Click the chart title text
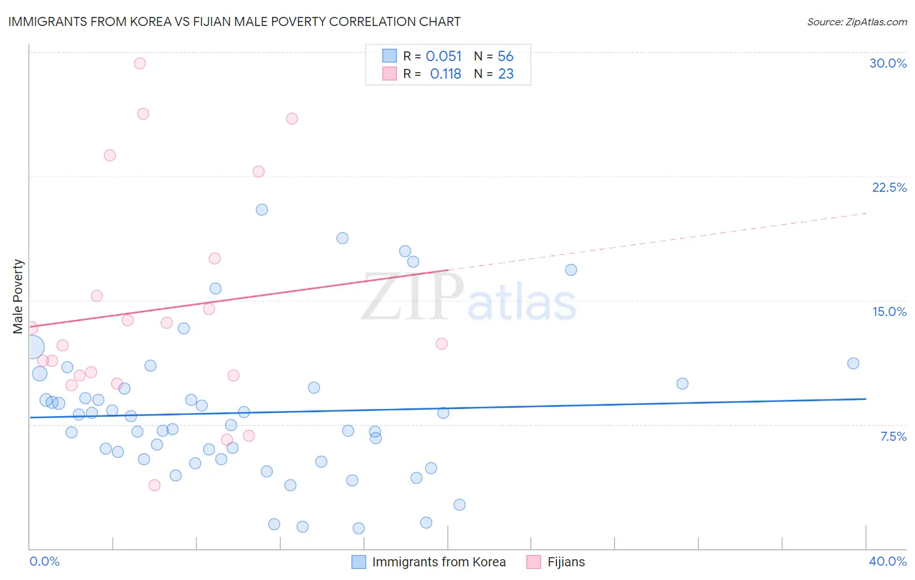(x=234, y=22)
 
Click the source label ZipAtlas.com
(x=856, y=22)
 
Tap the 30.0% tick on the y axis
(x=888, y=63)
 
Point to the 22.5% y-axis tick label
(x=889, y=187)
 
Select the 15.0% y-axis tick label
(x=889, y=311)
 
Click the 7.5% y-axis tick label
(x=893, y=436)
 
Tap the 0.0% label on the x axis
(x=44, y=561)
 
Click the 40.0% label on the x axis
(x=887, y=561)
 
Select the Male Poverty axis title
(x=18, y=297)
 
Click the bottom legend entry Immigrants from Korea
(x=439, y=562)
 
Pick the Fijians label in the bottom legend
(x=566, y=562)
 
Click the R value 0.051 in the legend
(x=443, y=57)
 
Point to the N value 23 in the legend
(x=506, y=74)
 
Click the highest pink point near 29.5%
(x=140, y=64)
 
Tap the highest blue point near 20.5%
(x=262, y=209)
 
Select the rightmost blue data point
(x=853, y=363)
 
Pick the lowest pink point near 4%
(x=154, y=485)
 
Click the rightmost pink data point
(x=442, y=344)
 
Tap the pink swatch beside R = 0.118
(x=389, y=73)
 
